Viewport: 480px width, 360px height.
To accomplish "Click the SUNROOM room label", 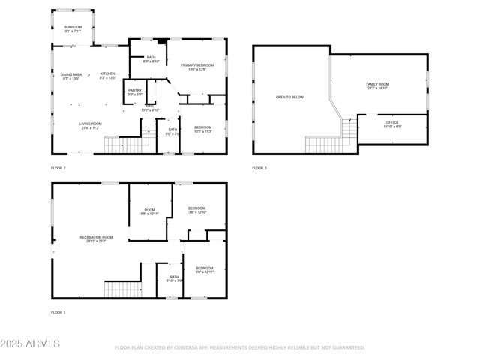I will (73, 27).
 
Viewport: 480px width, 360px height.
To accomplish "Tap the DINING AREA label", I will (71, 74).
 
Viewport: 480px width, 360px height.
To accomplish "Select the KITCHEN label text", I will (108, 73).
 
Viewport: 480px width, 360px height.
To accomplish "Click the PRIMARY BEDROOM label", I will (197, 65).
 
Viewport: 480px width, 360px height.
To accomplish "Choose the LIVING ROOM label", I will (91, 124).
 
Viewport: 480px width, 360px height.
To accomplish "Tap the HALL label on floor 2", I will (151, 106).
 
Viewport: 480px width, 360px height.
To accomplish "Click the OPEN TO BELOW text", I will (289, 97).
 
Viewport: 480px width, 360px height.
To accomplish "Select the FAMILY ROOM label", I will (377, 84).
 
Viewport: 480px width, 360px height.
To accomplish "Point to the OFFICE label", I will (392, 122).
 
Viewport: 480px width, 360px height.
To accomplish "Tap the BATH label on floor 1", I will (174, 277).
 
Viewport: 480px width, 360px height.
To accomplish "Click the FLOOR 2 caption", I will (58, 168).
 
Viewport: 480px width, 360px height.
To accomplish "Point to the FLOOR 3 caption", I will (259, 168).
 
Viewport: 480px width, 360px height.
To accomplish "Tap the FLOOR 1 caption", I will (58, 312).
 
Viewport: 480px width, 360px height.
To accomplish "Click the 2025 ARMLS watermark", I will (30, 343).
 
